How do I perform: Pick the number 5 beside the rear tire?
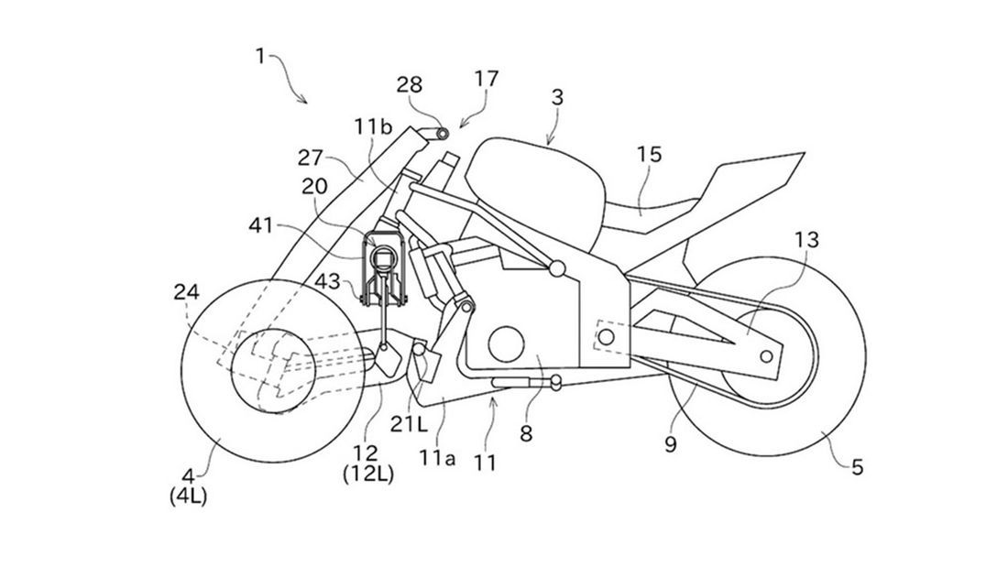coord(857,468)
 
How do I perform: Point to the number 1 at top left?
coord(260,57)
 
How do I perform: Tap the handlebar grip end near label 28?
coord(444,134)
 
